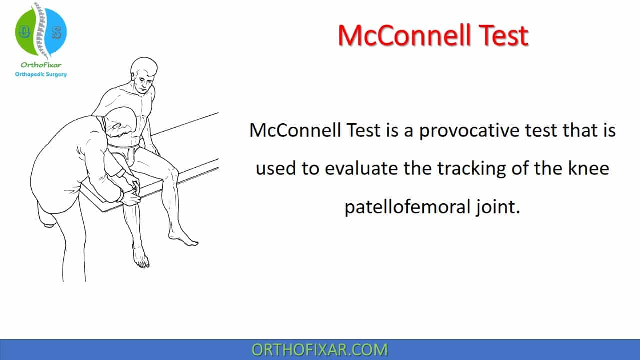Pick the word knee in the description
click(x=589, y=169)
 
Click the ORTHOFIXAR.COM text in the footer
click(x=319, y=349)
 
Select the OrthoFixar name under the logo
click(x=41, y=65)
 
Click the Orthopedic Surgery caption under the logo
click(x=41, y=74)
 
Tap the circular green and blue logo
click(x=41, y=31)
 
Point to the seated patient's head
click(x=144, y=75)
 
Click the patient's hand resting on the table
click(x=156, y=150)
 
